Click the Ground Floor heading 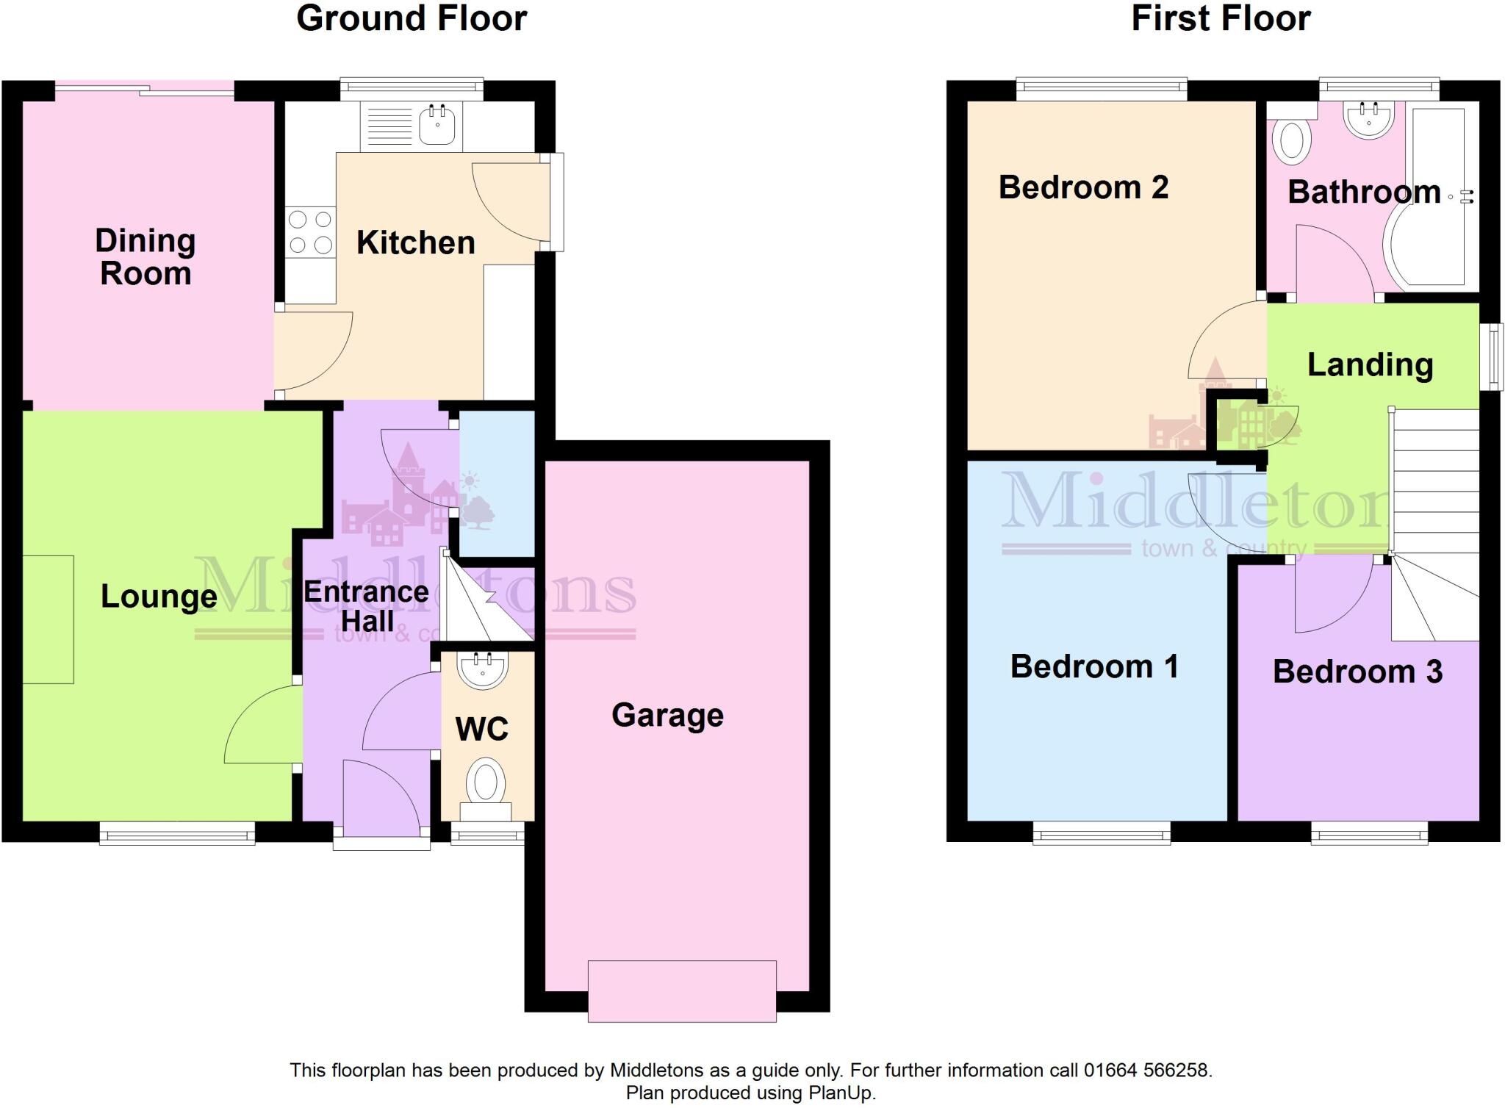click(x=412, y=18)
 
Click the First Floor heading click(x=1221, y=18)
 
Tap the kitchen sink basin click(x=437, y=125)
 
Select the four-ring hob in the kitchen click(x=310, y=231)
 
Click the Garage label click(x=667, y=715)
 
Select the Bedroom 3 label click(x=1357, y=672)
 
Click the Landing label click(x=1370, y=364)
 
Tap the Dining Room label click(x=146, y=257)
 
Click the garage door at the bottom click(x=682, y=990)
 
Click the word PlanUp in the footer click(x=841, y=1093)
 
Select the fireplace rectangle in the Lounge click(x=49, y=619)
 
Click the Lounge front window click(x=177, y=833)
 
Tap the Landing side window click(x=1492, y=356)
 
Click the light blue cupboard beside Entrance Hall click(x=498, y=483)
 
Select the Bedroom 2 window click(x=1101, y=90)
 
